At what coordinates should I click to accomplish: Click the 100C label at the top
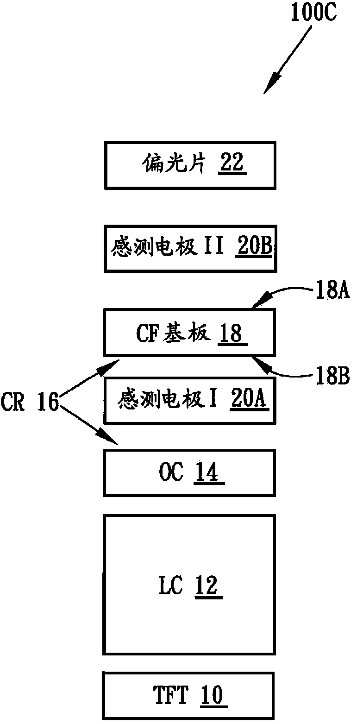click(313, 13)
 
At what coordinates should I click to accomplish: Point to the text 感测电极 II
click(167, 246)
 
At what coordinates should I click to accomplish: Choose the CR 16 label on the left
click(30, 402)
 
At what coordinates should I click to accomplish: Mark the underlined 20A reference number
click(249, 398)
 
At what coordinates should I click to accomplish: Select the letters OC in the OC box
click(171, 472)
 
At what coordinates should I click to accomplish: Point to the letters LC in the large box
click(170, 585)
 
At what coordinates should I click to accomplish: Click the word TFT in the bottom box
click(170, 695)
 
